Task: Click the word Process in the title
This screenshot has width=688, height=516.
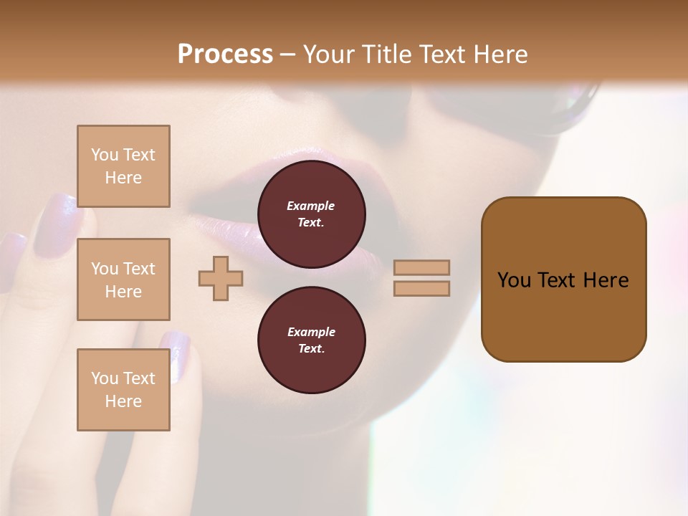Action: [225, 54]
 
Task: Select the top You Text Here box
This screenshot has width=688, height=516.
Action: [123, 166]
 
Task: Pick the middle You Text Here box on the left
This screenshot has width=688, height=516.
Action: [123, 279]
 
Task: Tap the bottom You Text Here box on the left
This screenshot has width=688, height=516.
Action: [123, 390]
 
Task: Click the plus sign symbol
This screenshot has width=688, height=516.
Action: [221, 278]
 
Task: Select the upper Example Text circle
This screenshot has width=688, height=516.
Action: [311, 214]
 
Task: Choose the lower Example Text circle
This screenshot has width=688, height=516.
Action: [311, 340]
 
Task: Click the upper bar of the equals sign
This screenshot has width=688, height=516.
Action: [421, 267]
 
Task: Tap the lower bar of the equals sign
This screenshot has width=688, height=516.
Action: [421, 288]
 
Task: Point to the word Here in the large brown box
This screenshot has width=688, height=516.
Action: [606, 280]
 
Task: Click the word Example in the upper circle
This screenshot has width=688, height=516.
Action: [311, 206]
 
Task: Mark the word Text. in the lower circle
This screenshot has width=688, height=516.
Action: [311, 348]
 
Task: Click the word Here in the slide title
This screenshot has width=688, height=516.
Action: [500, 54]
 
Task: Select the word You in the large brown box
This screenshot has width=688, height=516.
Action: [514, 280]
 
